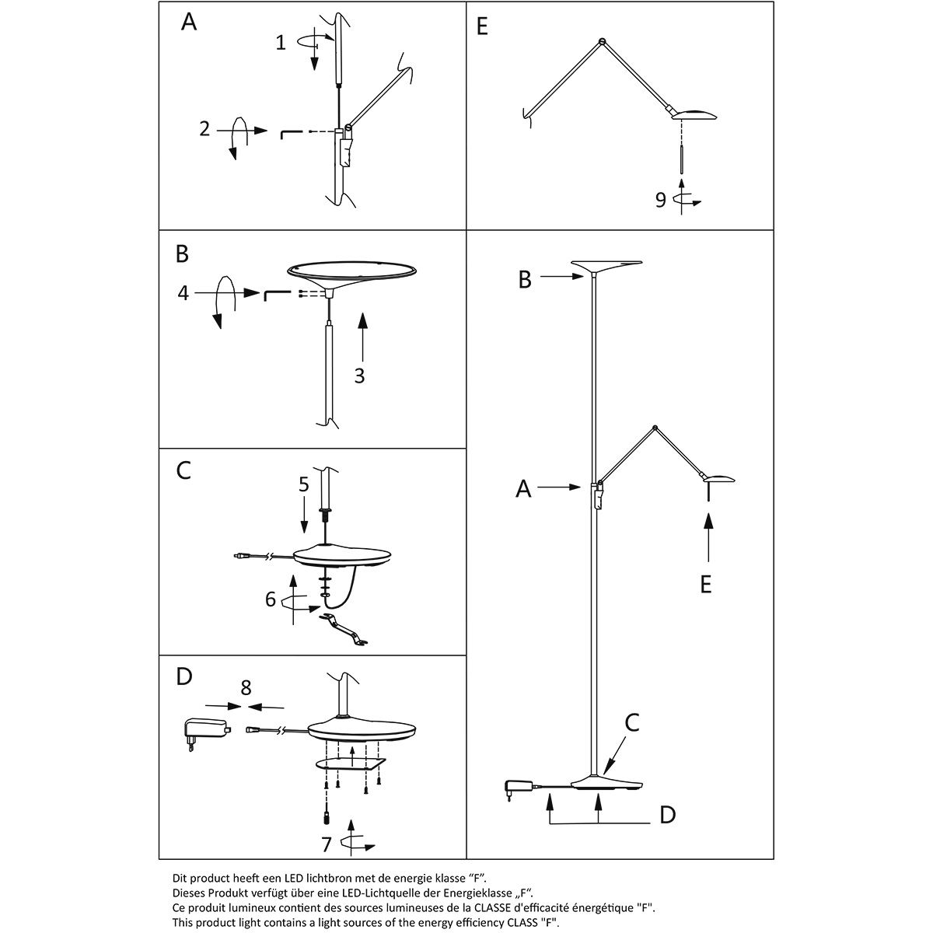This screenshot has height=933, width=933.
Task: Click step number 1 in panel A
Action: pyautogui.click(x=281, y=43)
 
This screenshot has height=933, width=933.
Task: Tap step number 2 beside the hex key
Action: pyautogui.click(x=204, y=129)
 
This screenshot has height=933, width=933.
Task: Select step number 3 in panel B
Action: pyautogui.click(x=359, y=376)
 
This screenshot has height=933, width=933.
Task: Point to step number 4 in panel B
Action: pyautogui.click(x=183, y=293)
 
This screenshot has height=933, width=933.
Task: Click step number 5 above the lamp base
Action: pyautogui.click(x=304, y=484)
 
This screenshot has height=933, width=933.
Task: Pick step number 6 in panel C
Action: pyautogui.click(x=271, y=599)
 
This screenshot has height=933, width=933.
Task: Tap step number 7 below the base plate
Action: pyautogui.click(x=327, y=844)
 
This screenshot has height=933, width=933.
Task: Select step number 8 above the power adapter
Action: pyautogui.click(x=246, y=687)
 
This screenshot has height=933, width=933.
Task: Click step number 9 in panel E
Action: pyautogui.click(x=660, y=201)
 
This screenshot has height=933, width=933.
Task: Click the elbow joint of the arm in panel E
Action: pyautogui.click(x=601, y=40)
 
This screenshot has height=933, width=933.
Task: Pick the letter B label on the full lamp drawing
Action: pyautogui.click(x=525, y=280)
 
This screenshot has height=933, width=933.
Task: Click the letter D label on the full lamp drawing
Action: pyautogui.click(x=667, y=815)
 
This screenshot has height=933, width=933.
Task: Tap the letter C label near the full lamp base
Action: pyautogui.click(x=632, y=722)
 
